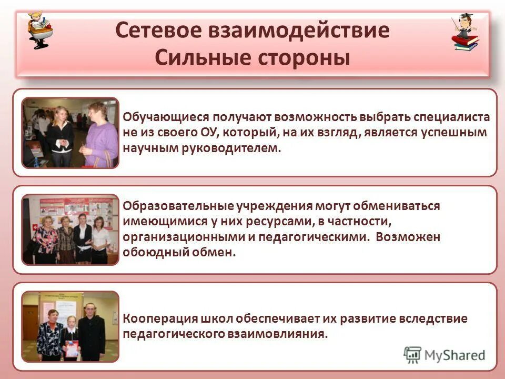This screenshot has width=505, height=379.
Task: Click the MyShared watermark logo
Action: (x=444, y=355)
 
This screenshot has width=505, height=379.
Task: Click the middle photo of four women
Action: (x=70, y=230)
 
